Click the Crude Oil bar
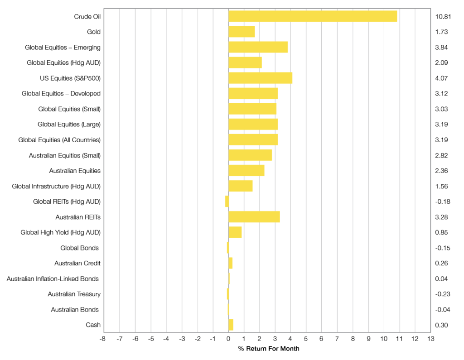pos(313,16)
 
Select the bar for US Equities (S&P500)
pos(260,78)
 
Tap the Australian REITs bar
pos(254,217)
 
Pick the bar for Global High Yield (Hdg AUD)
pos(235,232)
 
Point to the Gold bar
pos(242,32)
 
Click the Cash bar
pos(231,325)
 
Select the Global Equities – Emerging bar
pos(258,47)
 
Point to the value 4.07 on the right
pos(441,78)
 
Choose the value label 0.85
pos(441,232)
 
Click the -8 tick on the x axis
pos(103,339)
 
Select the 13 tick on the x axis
pos(430,339)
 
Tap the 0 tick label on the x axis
pos(228,339)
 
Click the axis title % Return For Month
pos(269,349)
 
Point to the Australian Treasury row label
pos(74,294)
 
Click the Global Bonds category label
pos(79,248)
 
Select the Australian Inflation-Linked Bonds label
pos(53,278)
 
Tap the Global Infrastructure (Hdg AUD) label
pos(56,186)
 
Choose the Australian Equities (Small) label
pos(64,155)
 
